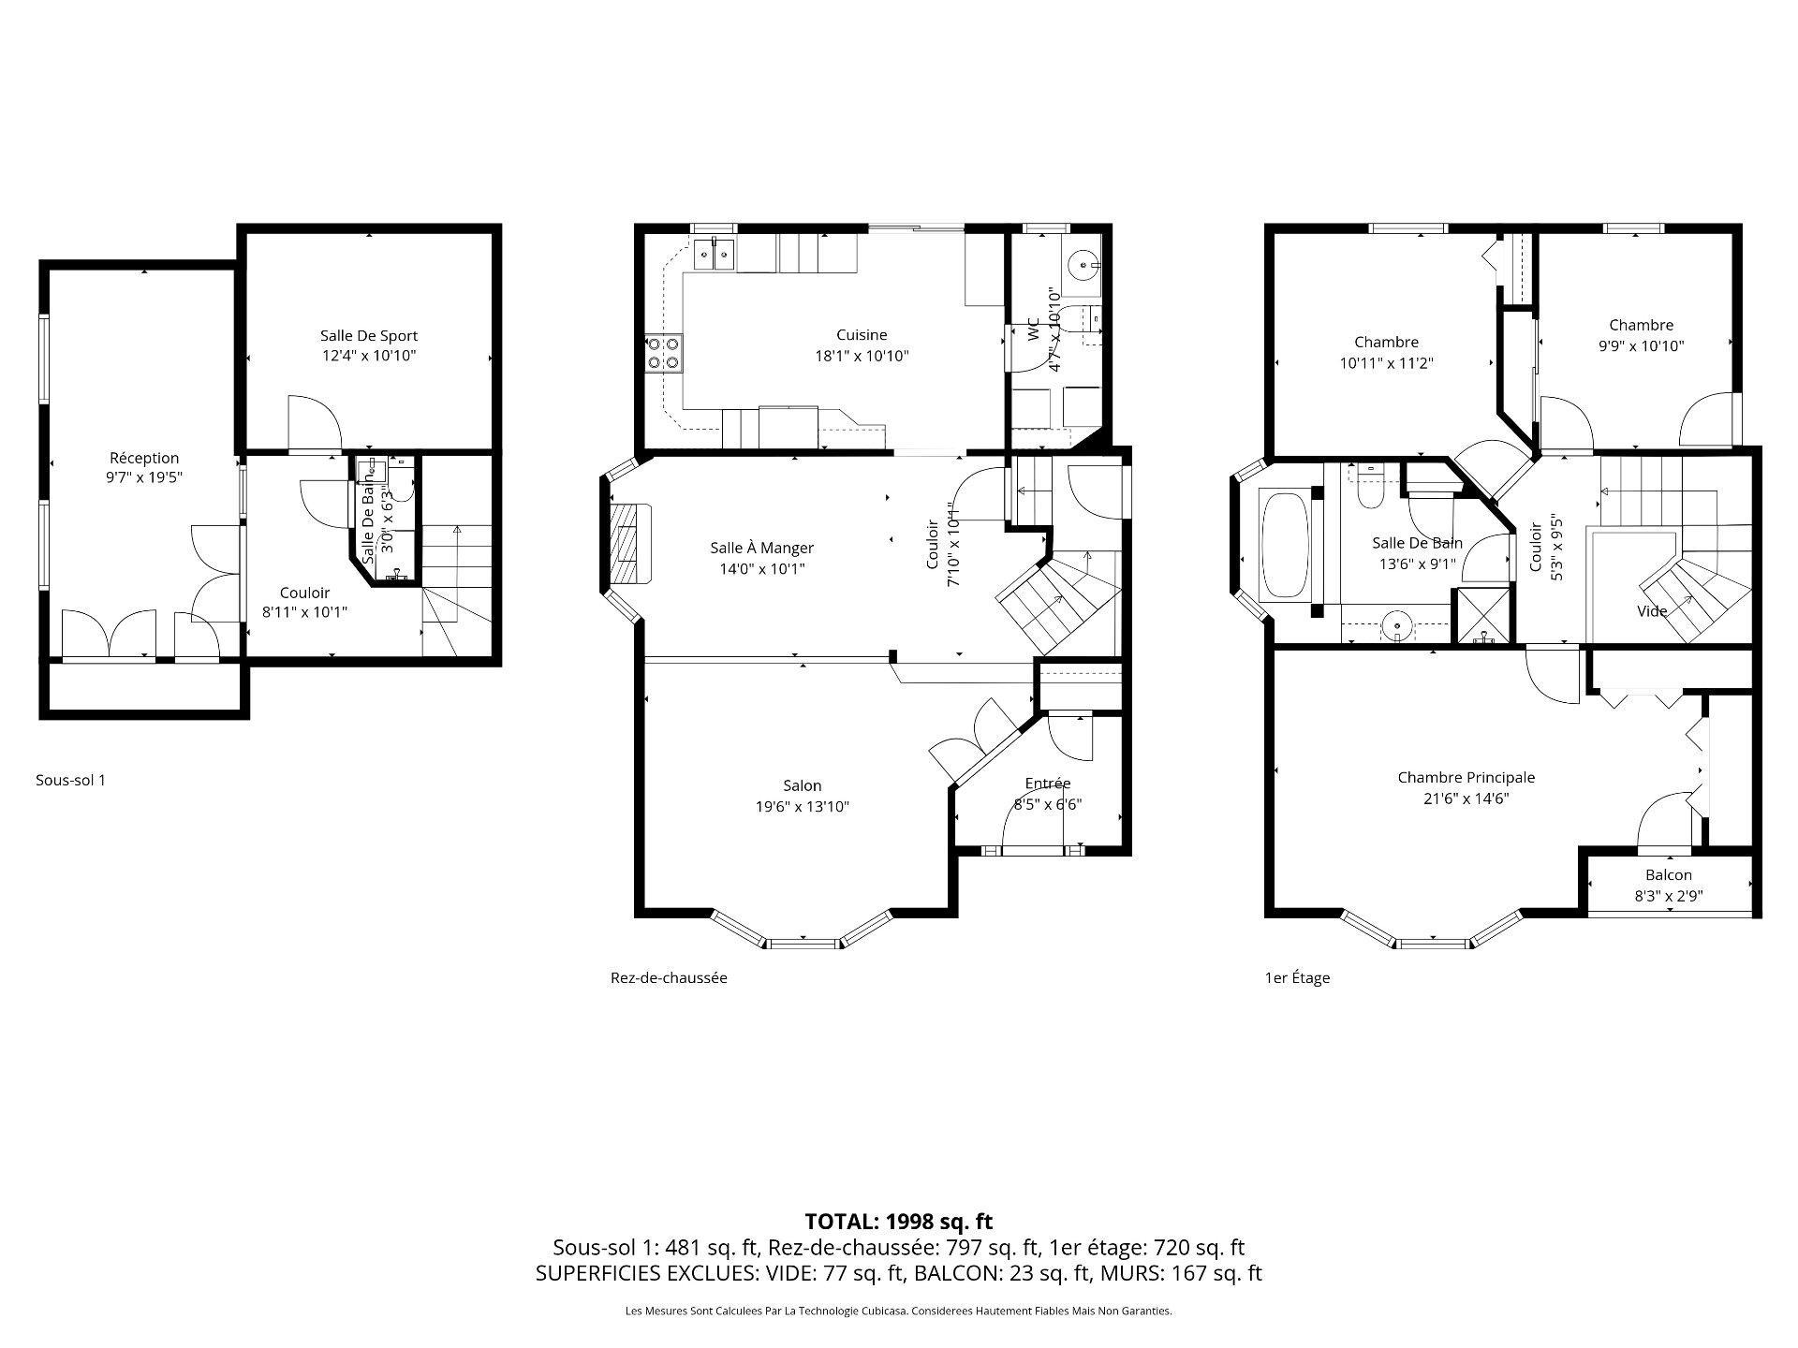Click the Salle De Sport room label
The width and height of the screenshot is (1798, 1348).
[x=369, y=335]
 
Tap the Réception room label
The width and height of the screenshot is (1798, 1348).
[x=144, y=458]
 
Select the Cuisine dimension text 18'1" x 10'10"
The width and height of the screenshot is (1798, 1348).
[x=862, y=356]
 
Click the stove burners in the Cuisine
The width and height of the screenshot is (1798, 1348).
[x=663, y=353]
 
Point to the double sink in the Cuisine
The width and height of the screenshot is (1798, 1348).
[x=715, y=253]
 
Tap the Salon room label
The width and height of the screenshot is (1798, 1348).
[x=803, y=786]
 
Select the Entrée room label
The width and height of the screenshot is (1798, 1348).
[x=1048, y=784]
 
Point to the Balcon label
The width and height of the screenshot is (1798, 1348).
[x=1669, y=875]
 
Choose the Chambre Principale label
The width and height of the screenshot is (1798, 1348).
[x=1466, y=777]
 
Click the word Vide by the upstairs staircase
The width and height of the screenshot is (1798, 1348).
[x=1652, y=611]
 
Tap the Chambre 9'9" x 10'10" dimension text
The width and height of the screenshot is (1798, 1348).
[x=1642, y=345]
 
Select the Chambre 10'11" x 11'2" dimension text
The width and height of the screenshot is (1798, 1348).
[x=1387, y=362]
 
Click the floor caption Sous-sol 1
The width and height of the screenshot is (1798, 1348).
[x=70, y=780]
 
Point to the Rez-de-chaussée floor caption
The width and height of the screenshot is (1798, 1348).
[x=669, y=978]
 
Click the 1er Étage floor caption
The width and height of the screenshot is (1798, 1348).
[x=1297, y=978]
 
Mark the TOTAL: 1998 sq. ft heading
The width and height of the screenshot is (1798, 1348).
[x=899, y=1221]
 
